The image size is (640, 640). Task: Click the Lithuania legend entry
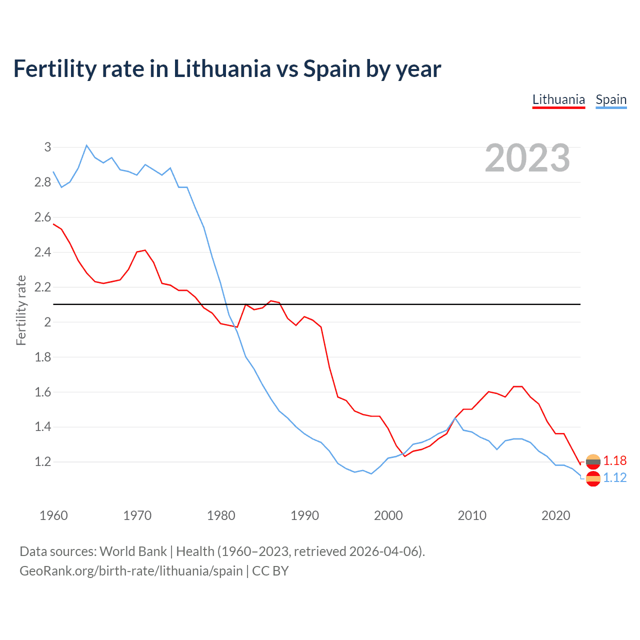(558, 99)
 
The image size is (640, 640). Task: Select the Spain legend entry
(611, 99)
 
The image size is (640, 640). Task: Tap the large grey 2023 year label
(527, 158)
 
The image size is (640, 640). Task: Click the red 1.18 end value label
(614, 460)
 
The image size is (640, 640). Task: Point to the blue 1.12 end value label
(614, 477)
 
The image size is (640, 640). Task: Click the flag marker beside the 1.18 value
(593, 461)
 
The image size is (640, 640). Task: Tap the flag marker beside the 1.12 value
(593, 478)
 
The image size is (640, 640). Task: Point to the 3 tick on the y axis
(48, 147)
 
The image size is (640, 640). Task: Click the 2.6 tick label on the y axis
(43, 217)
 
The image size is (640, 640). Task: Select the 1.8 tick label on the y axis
(43, 357)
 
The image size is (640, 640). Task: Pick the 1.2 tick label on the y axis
(43, 461)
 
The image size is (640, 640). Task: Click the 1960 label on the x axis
(53, 515)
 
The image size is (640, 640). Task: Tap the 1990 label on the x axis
(304, 515)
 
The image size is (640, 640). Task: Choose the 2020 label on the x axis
(555, 515)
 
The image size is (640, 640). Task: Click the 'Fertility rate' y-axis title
(21, 310)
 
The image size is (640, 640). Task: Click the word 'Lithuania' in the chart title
(222, 68)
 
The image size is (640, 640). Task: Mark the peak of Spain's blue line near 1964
(86, 145)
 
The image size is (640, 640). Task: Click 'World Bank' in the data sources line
(133, 551)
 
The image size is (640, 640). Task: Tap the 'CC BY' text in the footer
(270, 571)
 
